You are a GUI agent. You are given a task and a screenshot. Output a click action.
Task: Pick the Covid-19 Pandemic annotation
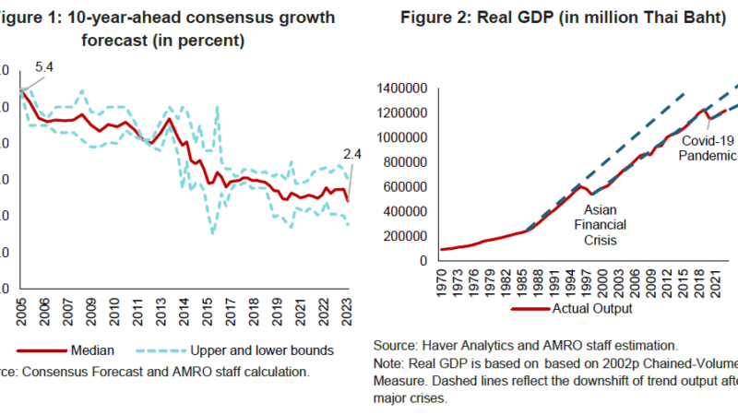coord(708,149)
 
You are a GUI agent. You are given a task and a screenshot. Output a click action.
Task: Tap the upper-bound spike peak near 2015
coord(217,107)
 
